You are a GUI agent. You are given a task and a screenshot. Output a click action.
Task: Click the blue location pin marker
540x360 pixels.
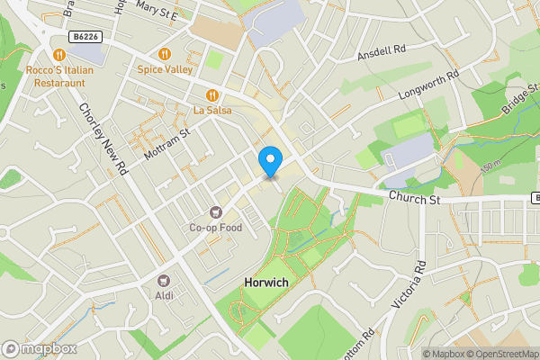270,162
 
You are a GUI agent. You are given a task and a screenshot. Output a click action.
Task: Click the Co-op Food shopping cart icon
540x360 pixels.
215,212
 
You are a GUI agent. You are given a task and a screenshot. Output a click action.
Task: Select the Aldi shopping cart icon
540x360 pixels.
163,282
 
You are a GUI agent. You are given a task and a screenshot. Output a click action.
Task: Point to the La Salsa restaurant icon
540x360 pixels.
212,94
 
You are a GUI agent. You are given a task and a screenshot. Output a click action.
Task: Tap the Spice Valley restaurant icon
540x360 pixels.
165,53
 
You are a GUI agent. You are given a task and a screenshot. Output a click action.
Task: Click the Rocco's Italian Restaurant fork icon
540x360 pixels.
61,54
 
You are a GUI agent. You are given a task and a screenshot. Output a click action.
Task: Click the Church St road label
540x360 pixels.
413,197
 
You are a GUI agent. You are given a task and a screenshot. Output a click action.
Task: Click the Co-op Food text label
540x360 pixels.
215,228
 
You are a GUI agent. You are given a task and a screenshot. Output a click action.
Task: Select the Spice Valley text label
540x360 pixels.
166,68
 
